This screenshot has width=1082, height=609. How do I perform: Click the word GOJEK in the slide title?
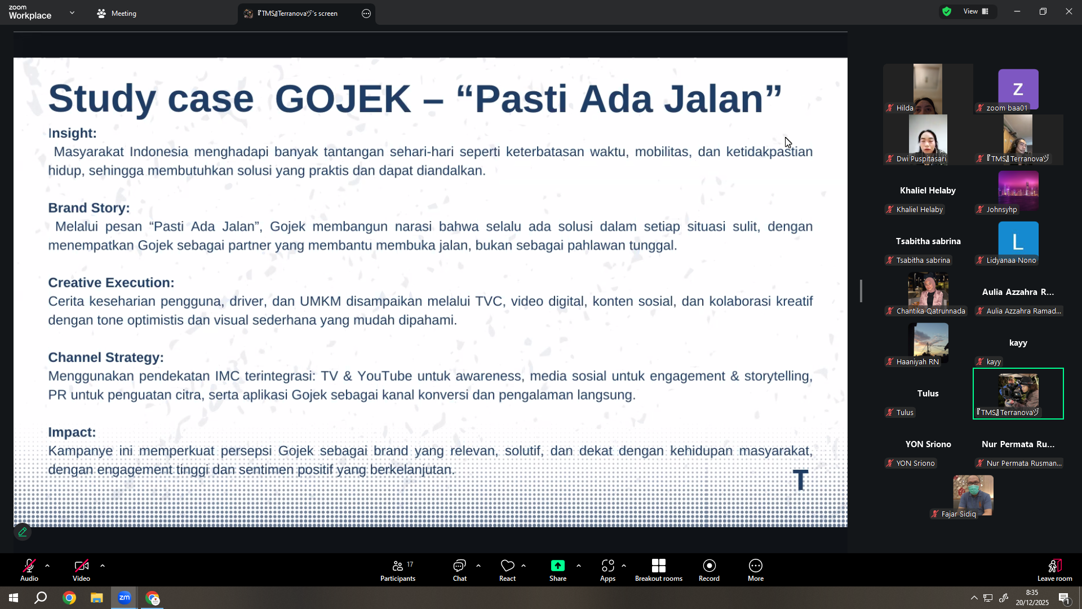[343, 99]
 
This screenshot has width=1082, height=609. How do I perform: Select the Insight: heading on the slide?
[72, 133]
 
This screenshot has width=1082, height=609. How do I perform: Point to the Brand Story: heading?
[88, 208]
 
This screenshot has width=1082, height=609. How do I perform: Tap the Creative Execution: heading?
[111, 283]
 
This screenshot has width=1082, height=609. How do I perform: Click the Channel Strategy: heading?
[106, 358]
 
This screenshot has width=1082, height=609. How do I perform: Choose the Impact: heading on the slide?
[72, 432]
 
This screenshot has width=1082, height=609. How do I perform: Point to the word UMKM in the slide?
[320, 301]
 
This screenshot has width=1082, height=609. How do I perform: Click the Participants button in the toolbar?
[398, 570]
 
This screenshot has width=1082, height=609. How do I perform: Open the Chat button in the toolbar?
[460, 570]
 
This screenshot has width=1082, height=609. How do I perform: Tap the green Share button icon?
[558, 566]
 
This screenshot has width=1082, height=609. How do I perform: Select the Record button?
[709, 570]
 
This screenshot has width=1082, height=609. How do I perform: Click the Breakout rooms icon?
[659, 566]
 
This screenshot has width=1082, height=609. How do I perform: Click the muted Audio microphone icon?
[29, 566]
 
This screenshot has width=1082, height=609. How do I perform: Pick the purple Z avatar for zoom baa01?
[1018, 89]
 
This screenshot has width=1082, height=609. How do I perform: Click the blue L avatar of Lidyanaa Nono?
[1018, 241]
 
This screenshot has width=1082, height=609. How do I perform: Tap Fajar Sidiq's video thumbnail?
[973, 496]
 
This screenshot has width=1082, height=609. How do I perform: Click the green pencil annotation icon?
[23, 532]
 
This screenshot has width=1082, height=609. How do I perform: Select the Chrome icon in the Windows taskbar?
[69, 598]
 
